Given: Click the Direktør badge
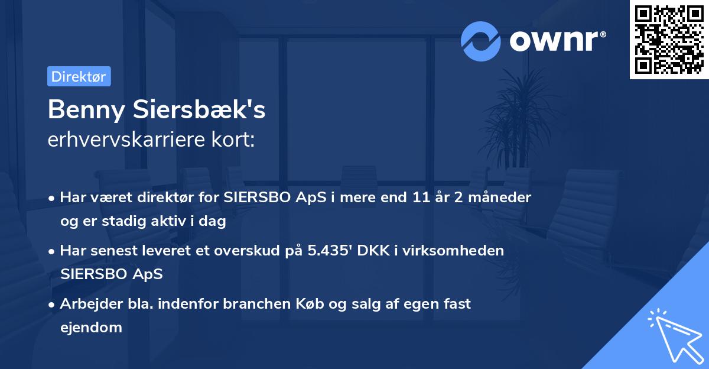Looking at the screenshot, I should (x=79, y=76).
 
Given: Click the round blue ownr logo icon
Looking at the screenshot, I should (x=481, y=41).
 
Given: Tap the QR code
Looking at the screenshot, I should (x=669, y=39).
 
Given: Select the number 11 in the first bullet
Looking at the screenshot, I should (x=415, y=198).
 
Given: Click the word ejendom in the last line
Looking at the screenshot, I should (x=91, y=327).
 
